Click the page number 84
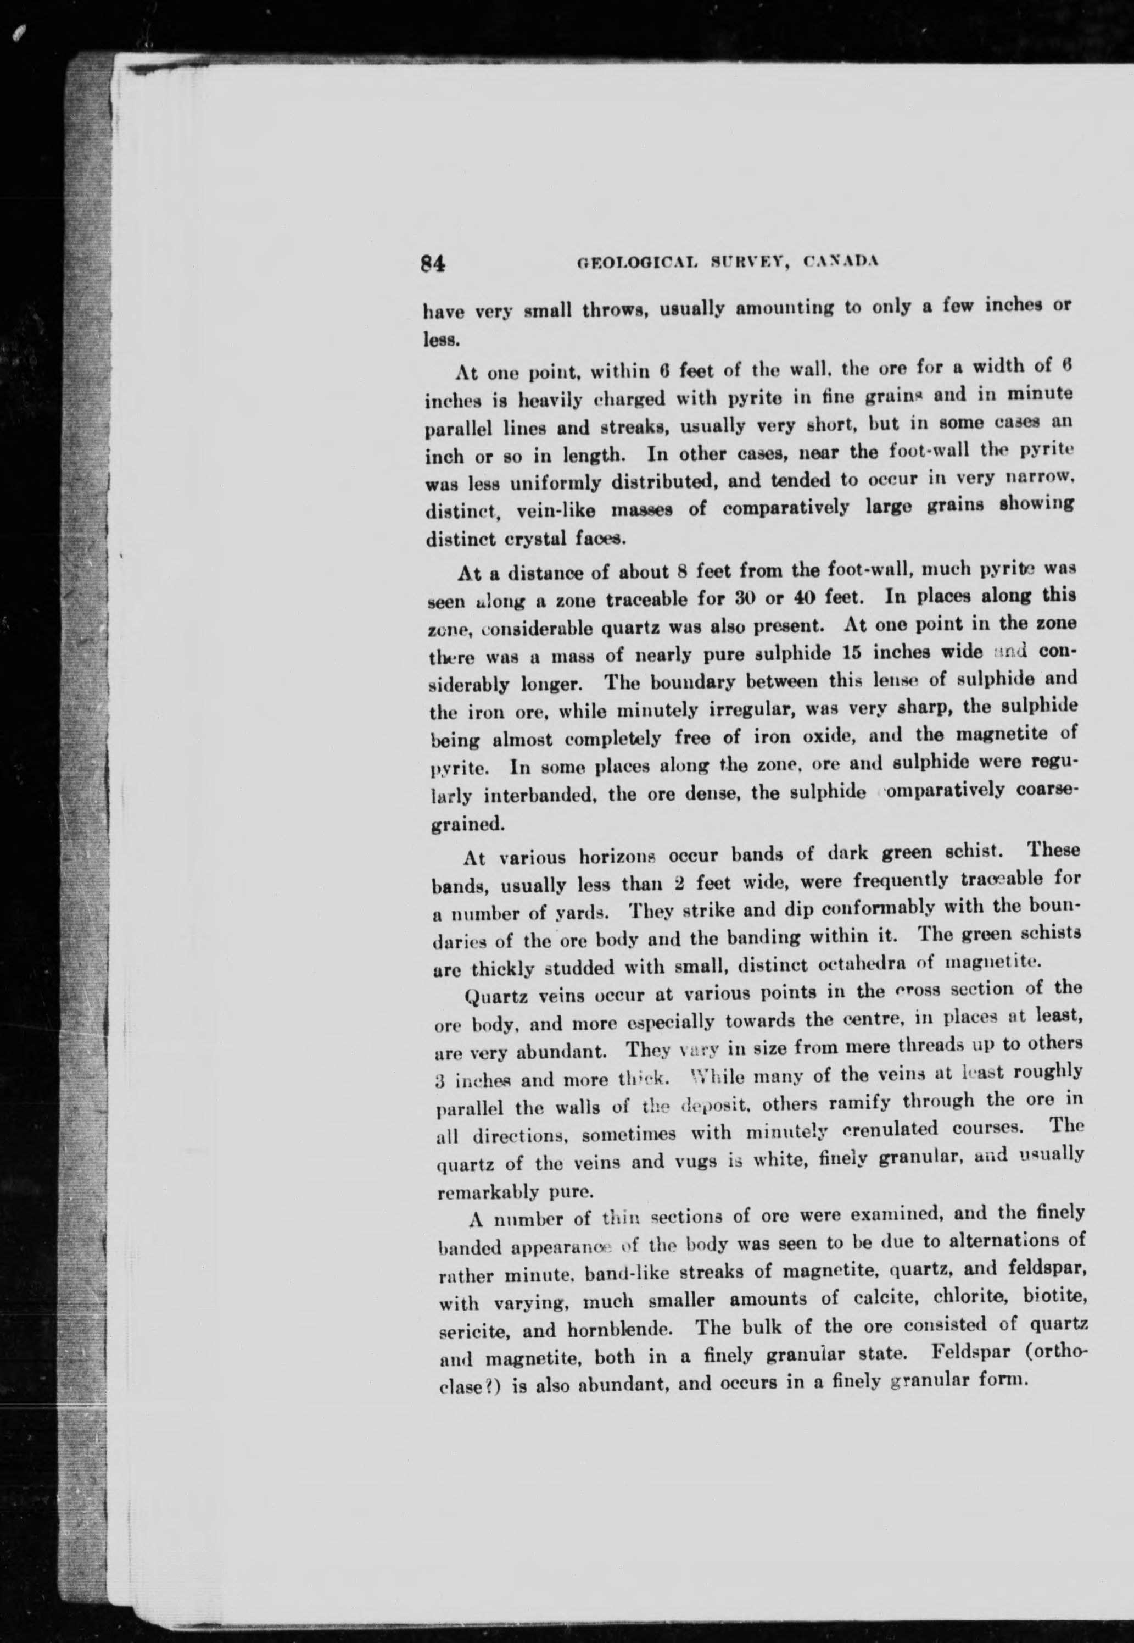(432, 264)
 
